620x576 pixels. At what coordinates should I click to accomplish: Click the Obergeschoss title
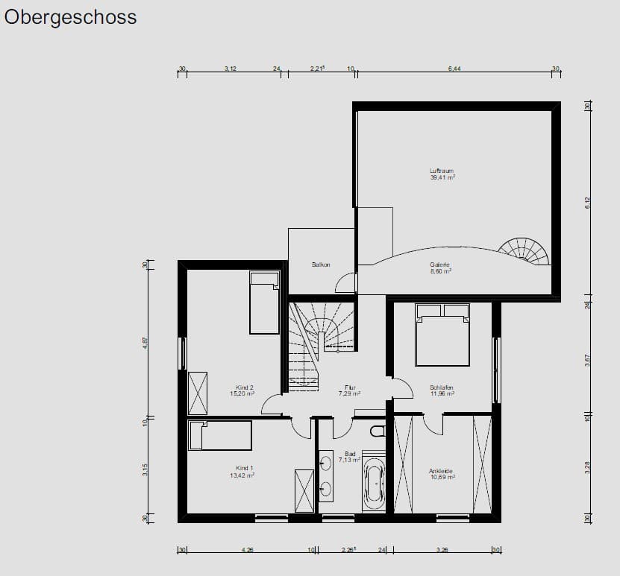point(71,18)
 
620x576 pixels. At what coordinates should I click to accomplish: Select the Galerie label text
point(439,268)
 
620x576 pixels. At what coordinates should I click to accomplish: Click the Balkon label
point(321,265)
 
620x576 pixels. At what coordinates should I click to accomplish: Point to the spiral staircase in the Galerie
point(525,252)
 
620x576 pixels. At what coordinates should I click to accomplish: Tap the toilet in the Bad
point(377,431)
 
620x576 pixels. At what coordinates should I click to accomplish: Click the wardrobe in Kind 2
point(198,392)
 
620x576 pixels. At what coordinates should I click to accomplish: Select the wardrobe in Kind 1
point(304,490)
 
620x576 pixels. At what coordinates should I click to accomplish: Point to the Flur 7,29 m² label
point(349,390)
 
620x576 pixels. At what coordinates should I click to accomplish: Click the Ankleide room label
point(441,474)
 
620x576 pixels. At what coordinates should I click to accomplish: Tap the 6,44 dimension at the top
point(454,69)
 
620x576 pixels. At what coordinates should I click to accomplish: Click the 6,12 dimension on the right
point(587,202)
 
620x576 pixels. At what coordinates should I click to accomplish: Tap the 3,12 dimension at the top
point(231,69)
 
